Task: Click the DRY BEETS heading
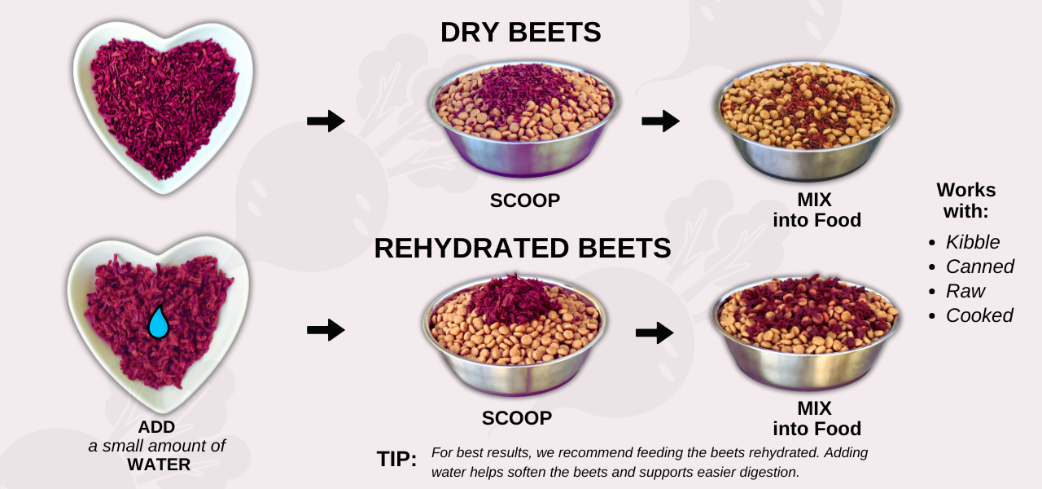tap(520, 33)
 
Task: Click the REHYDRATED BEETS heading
tap(522, 248)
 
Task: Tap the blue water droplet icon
tap(158, 323)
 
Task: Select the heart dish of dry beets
tap(163, 106)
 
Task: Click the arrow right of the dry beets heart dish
tap(326, 121)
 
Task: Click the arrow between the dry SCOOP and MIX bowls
tap(660, 121)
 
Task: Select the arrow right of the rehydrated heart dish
tap(326, 330)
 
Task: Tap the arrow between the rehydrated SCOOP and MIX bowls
tap(655, 333)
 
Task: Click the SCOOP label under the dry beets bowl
tap(525, 200)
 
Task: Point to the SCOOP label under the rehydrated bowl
tap(517, 418)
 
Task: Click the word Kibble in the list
tap(973, 242)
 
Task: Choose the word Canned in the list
tap(980, 267)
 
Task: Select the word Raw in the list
tap(965, 291)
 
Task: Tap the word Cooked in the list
tap(979, 315)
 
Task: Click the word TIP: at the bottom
tap(396, 459)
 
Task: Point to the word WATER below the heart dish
tap(159, 465)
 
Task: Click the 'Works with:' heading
tap(966, 200)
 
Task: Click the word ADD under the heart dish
tap(156, 427)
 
